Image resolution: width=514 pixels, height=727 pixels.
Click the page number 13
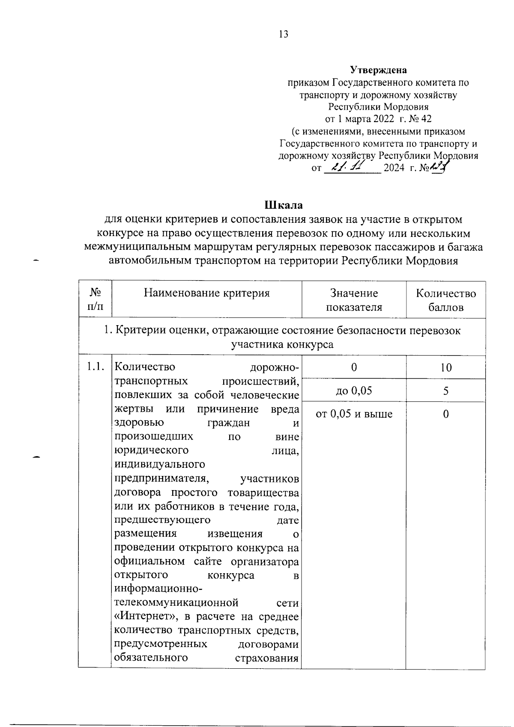[283, 35]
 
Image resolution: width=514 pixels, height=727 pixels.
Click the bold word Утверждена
[378, 70]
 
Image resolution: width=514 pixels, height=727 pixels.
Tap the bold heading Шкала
[283, 205]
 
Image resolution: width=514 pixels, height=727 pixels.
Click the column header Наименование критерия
[206, 293]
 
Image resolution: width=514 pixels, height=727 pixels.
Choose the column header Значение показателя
[354, 300]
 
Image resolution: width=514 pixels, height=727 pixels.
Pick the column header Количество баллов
[445, 300]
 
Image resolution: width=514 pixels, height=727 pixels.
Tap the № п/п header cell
[95, 300]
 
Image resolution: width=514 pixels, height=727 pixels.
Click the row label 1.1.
[95, 367]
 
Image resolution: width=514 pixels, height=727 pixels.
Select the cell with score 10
[446, 368]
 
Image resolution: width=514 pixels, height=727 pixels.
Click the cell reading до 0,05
[354, 390]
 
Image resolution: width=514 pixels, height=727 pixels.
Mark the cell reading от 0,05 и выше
[354, 414]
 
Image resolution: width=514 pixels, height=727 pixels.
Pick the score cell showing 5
[446, 390]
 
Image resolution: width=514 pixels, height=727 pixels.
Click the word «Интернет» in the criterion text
[147, 616]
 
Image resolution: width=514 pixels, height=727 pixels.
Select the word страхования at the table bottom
[266, 658]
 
